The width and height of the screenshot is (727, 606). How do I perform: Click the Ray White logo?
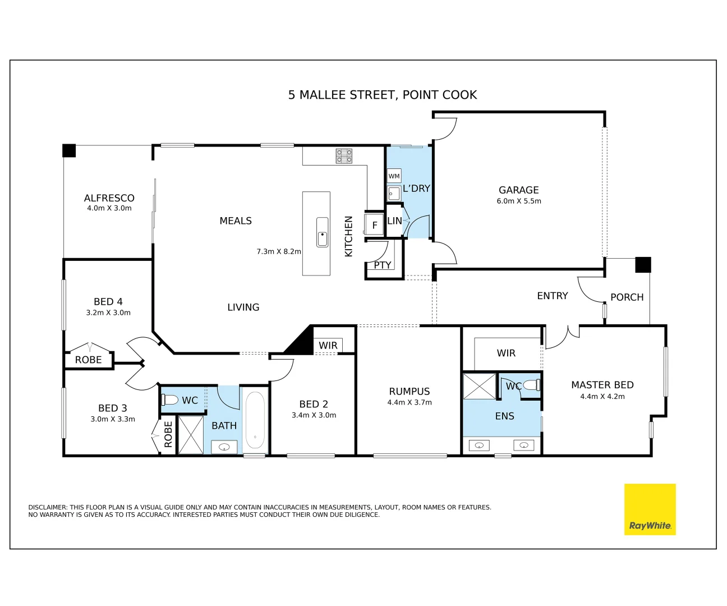click(x=650, y=509)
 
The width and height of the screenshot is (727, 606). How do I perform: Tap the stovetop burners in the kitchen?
click(x=344, y=156)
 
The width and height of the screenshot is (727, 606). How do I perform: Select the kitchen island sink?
click(x=322, y=232)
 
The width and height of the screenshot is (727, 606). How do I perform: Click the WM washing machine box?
click(x=394, y=176)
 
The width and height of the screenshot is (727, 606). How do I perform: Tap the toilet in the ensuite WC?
click(x=532, y=385)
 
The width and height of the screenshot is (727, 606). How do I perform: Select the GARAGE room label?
click(x=518, y=190)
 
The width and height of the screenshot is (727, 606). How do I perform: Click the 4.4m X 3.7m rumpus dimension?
click(x=409, y=402)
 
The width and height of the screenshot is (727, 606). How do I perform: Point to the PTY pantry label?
click(x=383, y=265)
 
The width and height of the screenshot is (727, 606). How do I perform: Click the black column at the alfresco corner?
click(x=69, y=150)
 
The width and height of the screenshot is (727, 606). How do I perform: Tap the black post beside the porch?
click(x=643, y=265)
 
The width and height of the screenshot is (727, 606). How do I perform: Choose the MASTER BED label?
click(x=602, y=385)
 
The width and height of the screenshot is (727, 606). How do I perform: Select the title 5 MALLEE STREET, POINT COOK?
click(x=383, y=95)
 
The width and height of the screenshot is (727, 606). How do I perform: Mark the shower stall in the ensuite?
click(x=480, y=386)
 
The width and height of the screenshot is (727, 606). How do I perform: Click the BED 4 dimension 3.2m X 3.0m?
click(x=108, y=313)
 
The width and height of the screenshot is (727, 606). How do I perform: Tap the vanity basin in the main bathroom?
click(x=224, y=447)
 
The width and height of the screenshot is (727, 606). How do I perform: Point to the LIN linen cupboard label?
click(x=394, y=221)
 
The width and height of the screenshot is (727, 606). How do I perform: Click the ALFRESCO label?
click(x=109, y=198)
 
